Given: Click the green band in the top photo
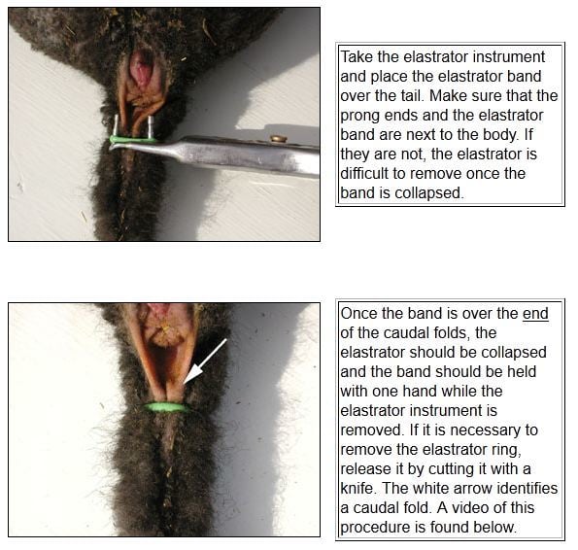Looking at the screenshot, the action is pyautogui.click(x=133, y=140).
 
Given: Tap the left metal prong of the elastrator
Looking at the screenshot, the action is pyautogui.click(x=116, y=125).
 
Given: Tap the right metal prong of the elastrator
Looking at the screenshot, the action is pyautogui.click(x=151, y=127).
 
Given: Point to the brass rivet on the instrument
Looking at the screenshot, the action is pyautogui.click(x=279, y=139).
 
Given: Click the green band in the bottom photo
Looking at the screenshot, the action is pyautogui.click(x=167, y=407).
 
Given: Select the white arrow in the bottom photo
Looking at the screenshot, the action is pyautogui.click(x=205, y=361).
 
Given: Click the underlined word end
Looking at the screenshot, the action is pyautogui.click(x=535, y=313).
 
